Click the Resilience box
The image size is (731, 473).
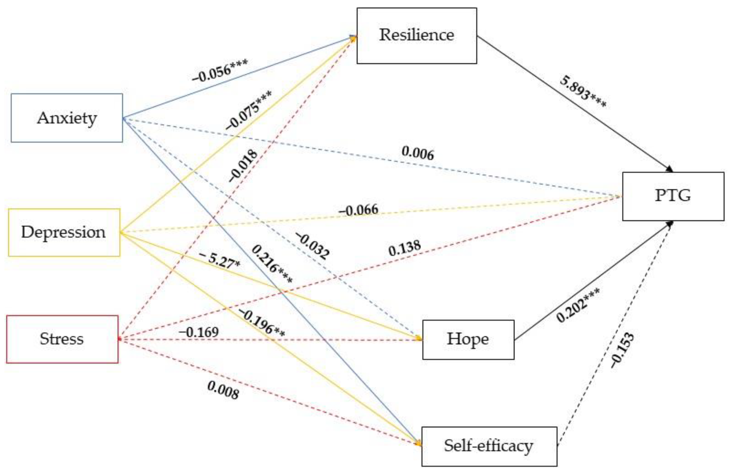tap(416, 36)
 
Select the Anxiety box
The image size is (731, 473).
tap(67, 118)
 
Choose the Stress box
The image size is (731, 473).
tap(62, 339)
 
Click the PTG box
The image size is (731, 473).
tap(673, 196)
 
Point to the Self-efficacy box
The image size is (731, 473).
tap(489, 446)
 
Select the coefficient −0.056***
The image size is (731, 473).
tap(220, 71)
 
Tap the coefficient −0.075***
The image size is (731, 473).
tap(249, 110)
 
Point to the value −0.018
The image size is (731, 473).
tap(243, 166)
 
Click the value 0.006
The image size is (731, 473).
tap(418, 153)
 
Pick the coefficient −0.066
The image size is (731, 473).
tap(359, 210)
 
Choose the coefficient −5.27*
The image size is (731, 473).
tap(220, 260)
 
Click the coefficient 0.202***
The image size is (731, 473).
tap(578, 305)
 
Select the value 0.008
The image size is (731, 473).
tap(223, 390)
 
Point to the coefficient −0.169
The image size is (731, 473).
tap(199, 332)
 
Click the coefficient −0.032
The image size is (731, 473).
tap(313, 246)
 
